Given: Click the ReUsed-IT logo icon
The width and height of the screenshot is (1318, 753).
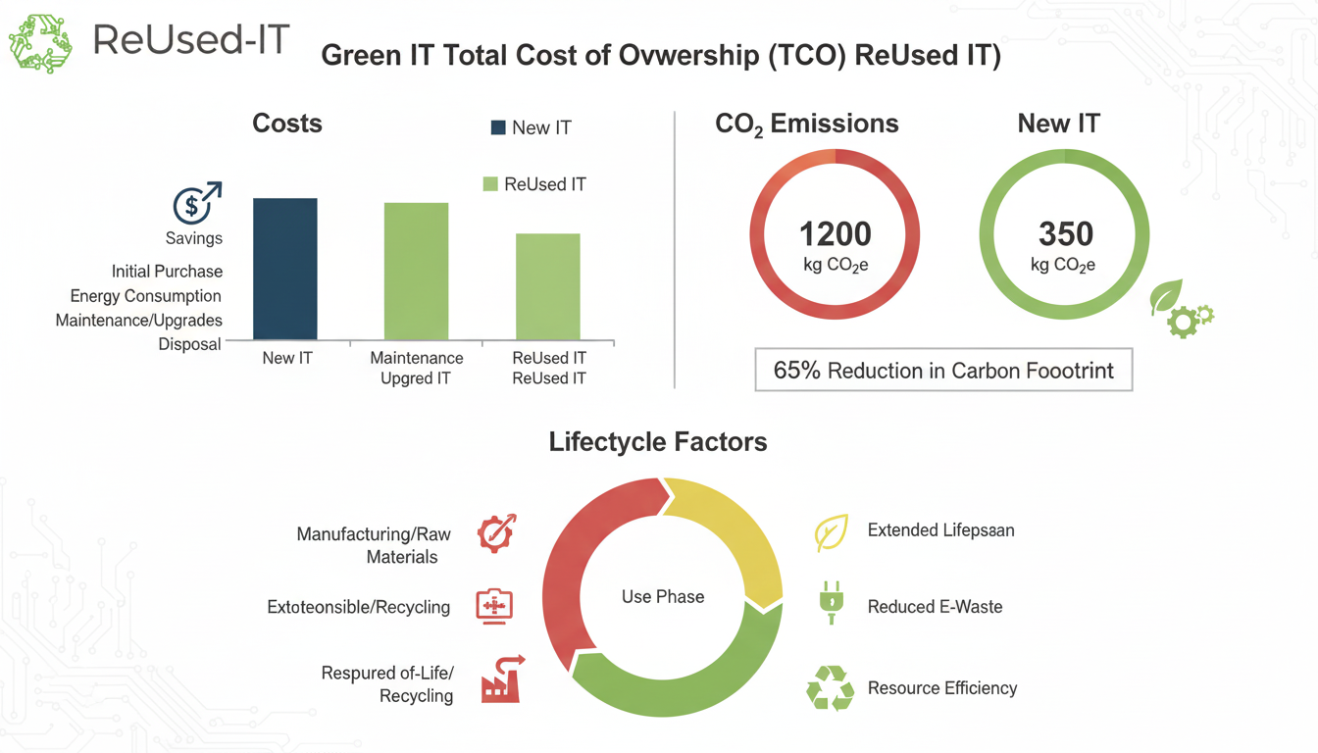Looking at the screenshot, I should [x=40, y=43].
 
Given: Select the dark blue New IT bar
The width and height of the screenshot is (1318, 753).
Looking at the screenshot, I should [x=285, y=269].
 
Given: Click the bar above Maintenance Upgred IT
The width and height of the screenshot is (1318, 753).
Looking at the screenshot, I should [x=416, y=271].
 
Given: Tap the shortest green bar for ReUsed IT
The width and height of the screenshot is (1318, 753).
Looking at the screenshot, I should [x=548, y=286].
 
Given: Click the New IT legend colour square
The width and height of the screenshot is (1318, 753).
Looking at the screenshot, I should [x=498, y=127].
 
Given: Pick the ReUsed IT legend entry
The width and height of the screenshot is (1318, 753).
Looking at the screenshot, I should [x=534, y=184].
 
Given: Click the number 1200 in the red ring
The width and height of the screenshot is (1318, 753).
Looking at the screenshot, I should [x=835, y=234].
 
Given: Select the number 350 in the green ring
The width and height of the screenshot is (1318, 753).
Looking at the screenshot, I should [x=1065, y=234].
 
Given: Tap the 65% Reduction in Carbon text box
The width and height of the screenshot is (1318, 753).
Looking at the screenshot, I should [x=943, y=371].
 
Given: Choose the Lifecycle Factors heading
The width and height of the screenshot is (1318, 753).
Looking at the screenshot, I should [x=658, y=442].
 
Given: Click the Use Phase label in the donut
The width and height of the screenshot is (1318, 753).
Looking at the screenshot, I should [x=663, y=596].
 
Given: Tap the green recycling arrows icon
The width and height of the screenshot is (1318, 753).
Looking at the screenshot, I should [x=830, y=688].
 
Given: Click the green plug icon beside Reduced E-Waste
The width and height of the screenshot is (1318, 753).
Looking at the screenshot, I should [x=831, y=602].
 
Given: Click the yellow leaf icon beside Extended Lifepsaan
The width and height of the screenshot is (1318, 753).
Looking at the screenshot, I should [x=831, y=533].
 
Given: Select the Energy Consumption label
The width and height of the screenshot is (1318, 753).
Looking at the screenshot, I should [x=145, y=296].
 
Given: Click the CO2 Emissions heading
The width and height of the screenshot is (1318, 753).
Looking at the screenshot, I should [x=806, y=125].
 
